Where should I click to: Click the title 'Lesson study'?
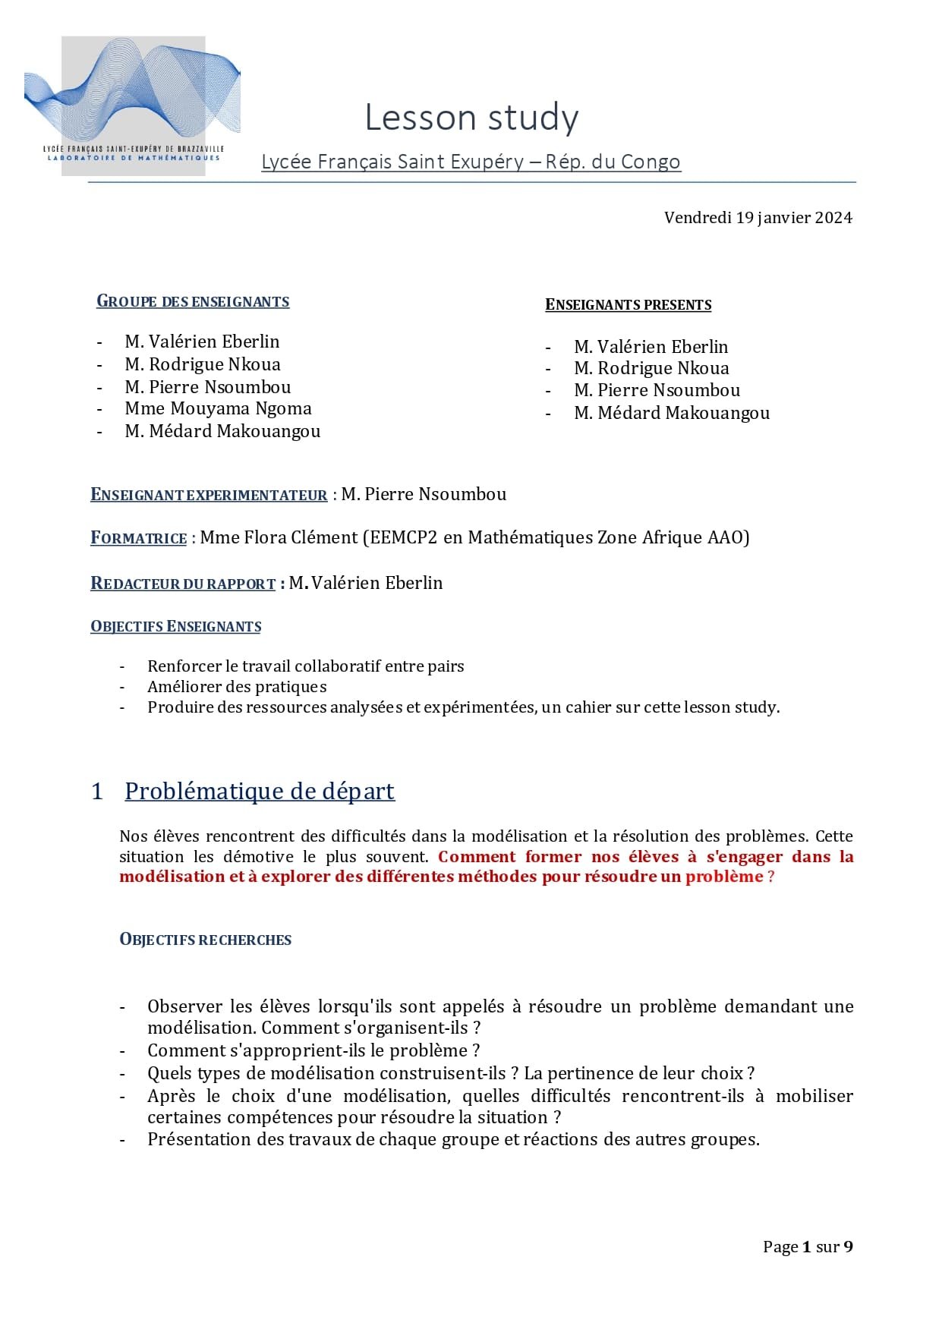pyautogui.click(x=471, y=118)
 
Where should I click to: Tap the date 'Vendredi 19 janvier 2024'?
pyautogui.click(x=758, y=218)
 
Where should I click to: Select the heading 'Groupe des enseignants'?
pyautogui.click(x=193, y=301)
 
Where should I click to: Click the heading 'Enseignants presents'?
pyautogui.click(x=628, y=305)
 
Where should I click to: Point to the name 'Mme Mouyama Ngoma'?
pyautogui.click(x=218, y=409)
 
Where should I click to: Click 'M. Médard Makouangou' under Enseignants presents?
pyautogui.click(x=671, y=413)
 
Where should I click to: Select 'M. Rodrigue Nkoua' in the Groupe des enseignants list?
pyautogui.click(x=203, y=364)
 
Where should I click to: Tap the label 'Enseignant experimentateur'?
pyautogui.click(x=209, y=495)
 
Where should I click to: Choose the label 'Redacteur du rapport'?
pyautogui.click(x=183, y=584)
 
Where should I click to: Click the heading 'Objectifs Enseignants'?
pyautogui.click(x=176, y=627)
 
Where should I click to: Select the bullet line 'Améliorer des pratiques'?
pyautogui.click(x=237, y=687)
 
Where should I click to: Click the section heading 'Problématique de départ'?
pyautogui.click(x=260, y=791)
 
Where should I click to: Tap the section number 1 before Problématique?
pyautogui.click(x=97, y=792)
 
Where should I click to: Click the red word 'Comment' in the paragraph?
pyautogui.click(x=477, y=857)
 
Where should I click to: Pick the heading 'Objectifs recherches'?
pyautogui.click(x=206, y=940)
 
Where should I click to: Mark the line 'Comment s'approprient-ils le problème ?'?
pyautogui.click(x=313, y=1050)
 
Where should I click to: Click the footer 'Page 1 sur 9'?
pyautogui.click(x=807, y=1246)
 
